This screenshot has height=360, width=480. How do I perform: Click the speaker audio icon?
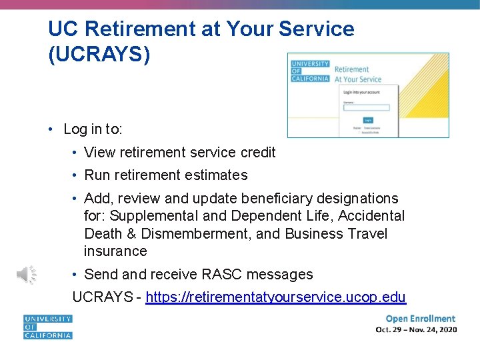point(27,274)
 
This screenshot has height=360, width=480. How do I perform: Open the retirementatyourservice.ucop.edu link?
point(275,297)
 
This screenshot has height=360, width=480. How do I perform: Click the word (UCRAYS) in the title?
point(99,54)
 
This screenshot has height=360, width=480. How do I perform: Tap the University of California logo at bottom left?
point(48,327)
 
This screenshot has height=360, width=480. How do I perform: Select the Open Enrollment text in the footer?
point(420,319)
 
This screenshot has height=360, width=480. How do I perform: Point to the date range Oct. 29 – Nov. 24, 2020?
point(416,330)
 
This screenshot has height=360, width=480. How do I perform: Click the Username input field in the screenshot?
point(366,107)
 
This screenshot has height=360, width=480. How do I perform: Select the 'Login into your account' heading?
point(361,92)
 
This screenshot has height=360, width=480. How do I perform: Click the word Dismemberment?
point(196,234)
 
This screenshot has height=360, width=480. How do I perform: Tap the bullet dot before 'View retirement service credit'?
point(77,153)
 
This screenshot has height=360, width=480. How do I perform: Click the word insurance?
point(115,251)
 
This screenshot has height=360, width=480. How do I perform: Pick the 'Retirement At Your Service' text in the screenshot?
point(357,74)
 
